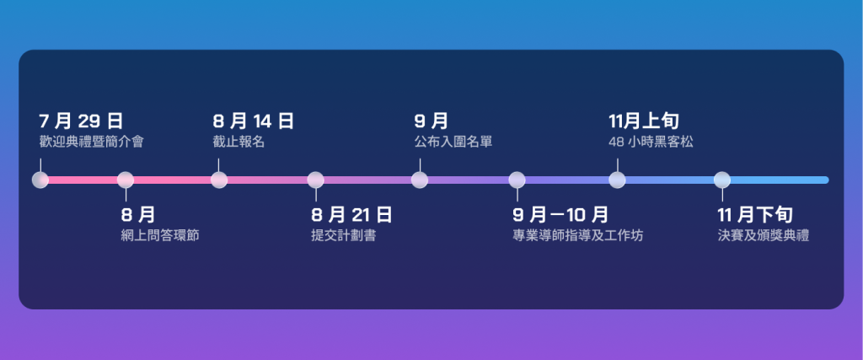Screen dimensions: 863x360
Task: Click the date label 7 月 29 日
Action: click(x=81, y=121)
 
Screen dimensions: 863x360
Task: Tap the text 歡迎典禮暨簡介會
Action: click(x=91, y=142)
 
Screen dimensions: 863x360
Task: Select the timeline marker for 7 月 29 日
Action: click(x=40, y=180)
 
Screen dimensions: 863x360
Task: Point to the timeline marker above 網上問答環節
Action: click(x=126, y=180)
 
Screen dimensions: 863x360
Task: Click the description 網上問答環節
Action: click(x=160, y=236)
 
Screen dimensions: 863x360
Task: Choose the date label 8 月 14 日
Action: click(x=254, y=121)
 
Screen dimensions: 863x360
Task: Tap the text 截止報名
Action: click(x=239, y=142)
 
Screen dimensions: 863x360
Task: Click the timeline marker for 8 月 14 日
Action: click(x=219, y=180)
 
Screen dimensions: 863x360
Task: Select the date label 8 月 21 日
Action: click(x=351, y=215)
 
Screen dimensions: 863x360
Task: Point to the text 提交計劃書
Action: click(x=344, y=236)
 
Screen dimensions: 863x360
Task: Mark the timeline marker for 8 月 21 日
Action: click(x=315, y=180)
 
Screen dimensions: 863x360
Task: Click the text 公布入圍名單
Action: click(x=453, y=142)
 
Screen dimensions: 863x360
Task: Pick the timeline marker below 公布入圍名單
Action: click(x=420, y=180)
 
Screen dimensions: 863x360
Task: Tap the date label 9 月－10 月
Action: click(x=560, y=215)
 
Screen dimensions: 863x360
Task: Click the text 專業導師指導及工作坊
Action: click(x=578, y=236)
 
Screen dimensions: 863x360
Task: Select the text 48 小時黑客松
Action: click(x=651, y=142)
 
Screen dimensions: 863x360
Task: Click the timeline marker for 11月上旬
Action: click(x=617, y=180)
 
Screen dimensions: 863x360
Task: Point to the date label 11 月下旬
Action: click(x=756, y=215)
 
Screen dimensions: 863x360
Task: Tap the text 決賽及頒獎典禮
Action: click(x=764, y=236)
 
